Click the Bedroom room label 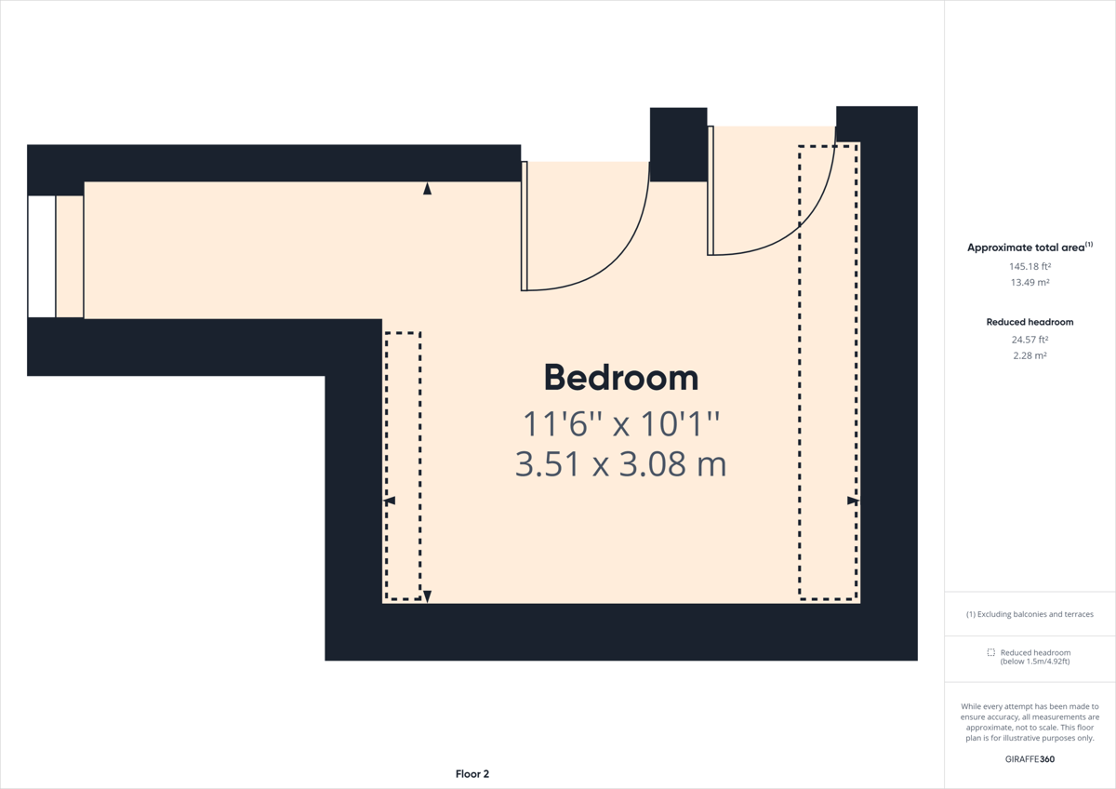point(621,378)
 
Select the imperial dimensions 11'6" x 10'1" point(621,423)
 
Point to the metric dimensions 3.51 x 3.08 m point(621,464)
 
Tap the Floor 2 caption point(472,774)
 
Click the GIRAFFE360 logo point(1030,759)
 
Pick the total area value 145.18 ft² point(1030,266)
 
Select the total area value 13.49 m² point(1030,282)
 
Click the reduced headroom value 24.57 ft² point(1030,340)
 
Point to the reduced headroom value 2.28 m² point(1030,355)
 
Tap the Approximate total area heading point(1030,247)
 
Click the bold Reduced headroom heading point(1030,322)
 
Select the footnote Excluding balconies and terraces point(1030,614)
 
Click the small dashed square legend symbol point(991,652)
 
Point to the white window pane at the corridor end point(41,256)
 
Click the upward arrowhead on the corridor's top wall point(427,188)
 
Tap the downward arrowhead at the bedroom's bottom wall point(427,596)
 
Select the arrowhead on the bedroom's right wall point(854,501)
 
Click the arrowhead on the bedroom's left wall point(389,501)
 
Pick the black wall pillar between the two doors point(679,144)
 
